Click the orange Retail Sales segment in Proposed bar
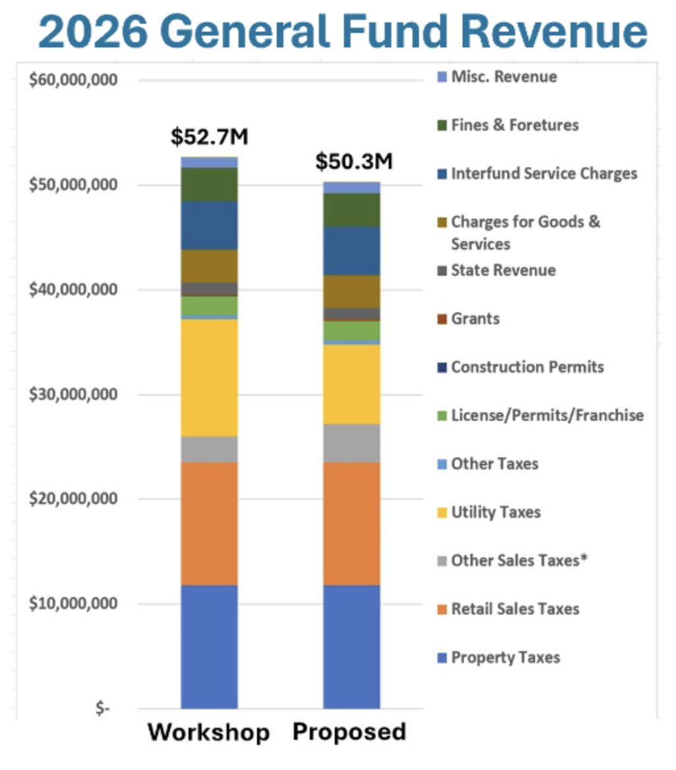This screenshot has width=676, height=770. coord(351,523)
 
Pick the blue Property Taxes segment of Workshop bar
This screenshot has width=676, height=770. coord(209,646)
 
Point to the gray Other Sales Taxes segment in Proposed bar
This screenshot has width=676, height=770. coord(351,443)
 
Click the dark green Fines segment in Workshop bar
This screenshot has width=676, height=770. coord(209,184)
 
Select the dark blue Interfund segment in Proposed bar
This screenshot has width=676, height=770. coord(351,251)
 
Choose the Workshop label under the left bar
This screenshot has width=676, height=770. coord(208,732)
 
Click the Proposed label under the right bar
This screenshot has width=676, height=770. coord(350,732)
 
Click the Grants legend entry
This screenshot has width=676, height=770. coord(474,319)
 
